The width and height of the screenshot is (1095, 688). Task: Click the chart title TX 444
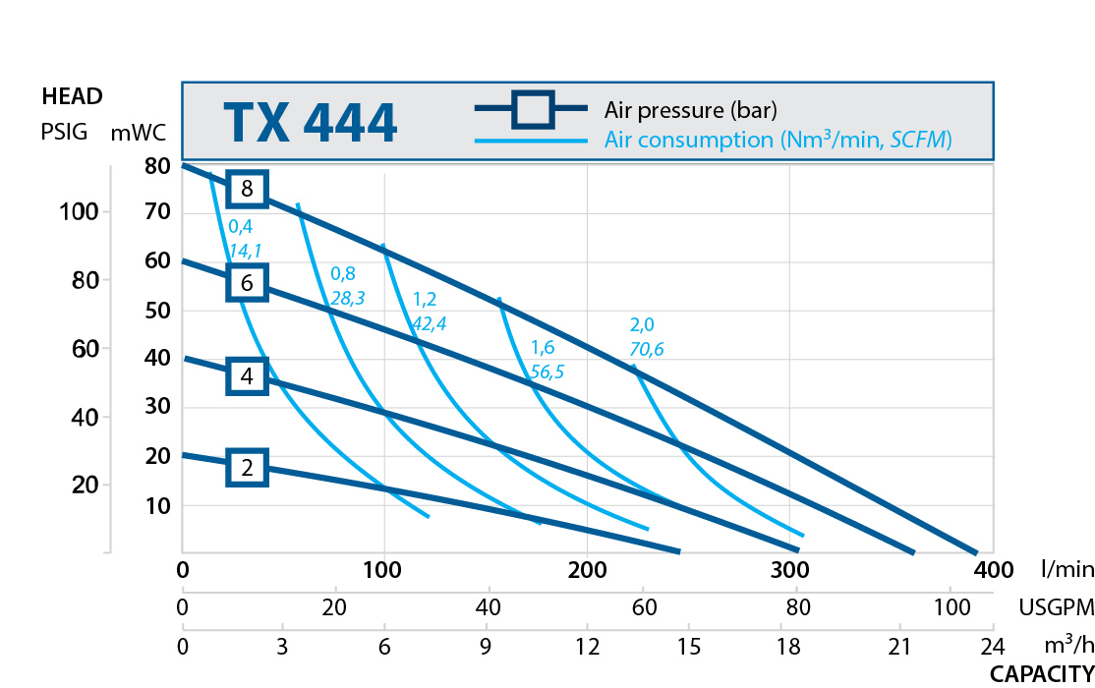pos(310,123)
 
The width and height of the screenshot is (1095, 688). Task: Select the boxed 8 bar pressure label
pos(247,189)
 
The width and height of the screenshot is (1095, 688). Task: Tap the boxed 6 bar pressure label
pos(247,283)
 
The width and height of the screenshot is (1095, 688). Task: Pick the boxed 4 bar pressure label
pos(247,375)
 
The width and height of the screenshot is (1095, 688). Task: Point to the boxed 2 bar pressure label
pos(247,468)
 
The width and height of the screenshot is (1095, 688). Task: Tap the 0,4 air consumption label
pos(241,227)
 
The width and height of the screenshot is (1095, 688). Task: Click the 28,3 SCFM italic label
pos(348,297)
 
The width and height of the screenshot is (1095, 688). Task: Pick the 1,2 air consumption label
pos(426,298)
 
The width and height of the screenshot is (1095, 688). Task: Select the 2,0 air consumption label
pos(642,325)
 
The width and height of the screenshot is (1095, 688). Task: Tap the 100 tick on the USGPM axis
pos(950,608)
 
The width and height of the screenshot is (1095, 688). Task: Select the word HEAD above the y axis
pos(72,96)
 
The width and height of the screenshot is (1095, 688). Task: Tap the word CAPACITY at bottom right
pos(1041,674)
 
